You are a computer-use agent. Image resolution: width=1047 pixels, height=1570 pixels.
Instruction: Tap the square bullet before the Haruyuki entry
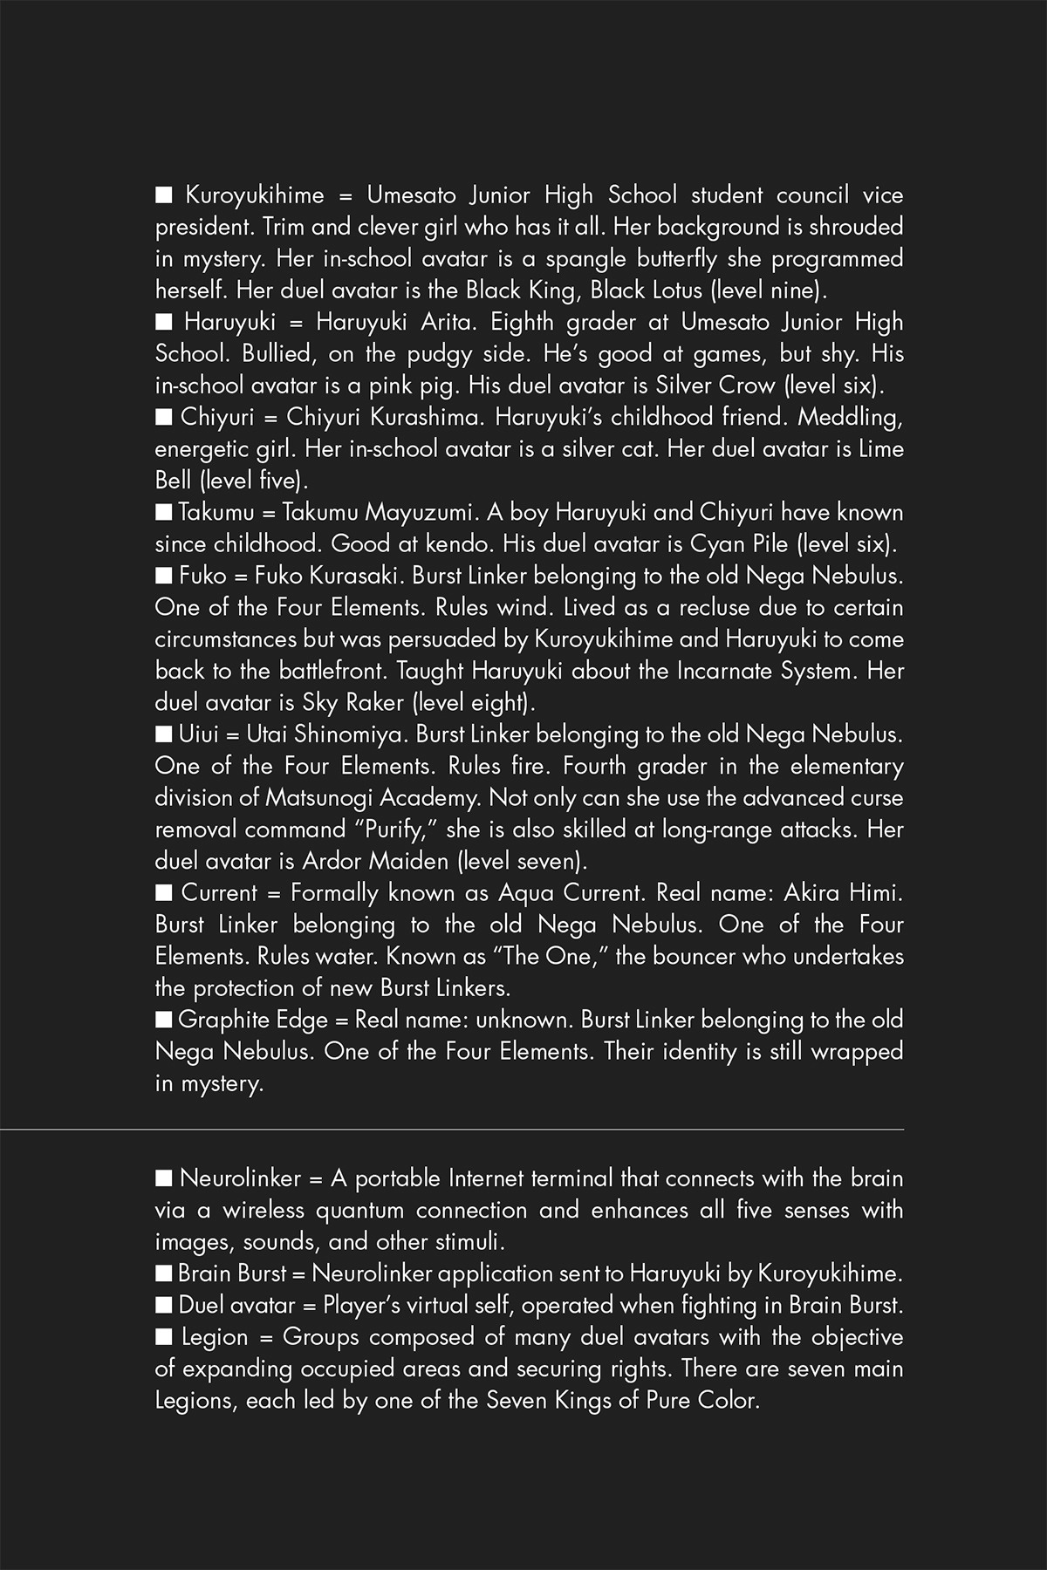[163, 323]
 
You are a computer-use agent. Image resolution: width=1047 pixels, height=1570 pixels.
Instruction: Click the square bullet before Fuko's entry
[163, 576]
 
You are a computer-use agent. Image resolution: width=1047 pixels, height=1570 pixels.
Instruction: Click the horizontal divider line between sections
[523, 1130]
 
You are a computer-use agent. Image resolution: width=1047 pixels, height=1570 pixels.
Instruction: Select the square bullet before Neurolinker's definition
[163, 1179]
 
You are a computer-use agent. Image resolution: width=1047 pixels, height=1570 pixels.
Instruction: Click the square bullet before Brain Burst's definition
[163, 1274]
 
